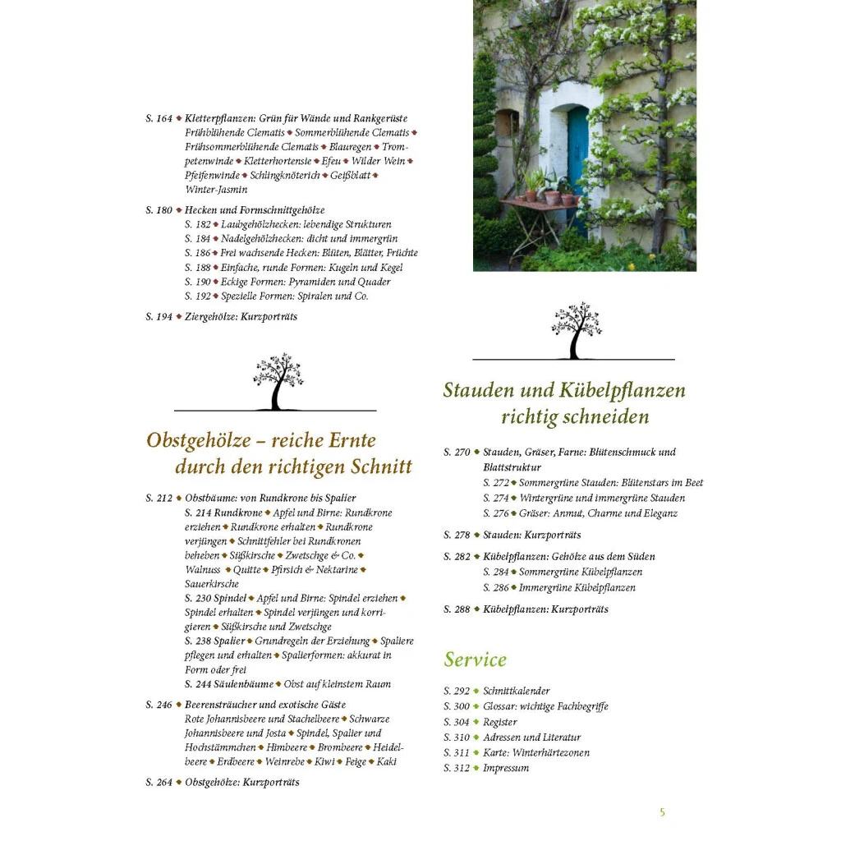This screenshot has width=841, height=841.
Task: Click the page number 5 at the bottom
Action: coord(662,812)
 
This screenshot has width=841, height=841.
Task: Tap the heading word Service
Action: coord(476,659)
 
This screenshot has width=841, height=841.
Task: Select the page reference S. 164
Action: coord(159,119)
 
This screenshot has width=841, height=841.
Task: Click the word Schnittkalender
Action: coord(517,692)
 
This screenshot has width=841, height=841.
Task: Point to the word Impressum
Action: coord(506,768)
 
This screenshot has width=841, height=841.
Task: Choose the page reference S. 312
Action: coord(457,768)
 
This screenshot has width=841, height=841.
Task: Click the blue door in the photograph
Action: coord(578,156)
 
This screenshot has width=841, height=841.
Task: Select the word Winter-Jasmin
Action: coord(216,190)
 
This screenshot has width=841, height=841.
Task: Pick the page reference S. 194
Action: coord(159,317)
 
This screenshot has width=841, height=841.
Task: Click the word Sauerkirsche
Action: coord(212,584)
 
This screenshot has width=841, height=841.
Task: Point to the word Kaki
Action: coord(387,762)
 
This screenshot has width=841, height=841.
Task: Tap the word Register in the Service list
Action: coord(500,722)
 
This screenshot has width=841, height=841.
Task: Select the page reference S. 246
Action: coord(159,705)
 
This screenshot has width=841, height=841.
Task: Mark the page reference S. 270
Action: coord(457,453)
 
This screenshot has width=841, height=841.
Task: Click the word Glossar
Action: coord(499,706)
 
